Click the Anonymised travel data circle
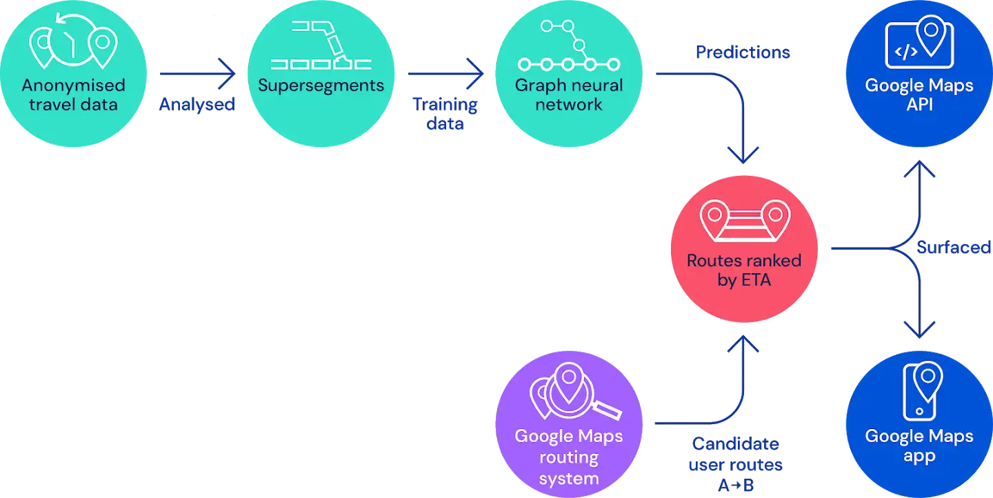73,74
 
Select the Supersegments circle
321,74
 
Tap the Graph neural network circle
569,74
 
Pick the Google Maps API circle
919,74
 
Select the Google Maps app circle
919,424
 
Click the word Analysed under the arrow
197,105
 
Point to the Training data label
445,114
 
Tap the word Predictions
743,52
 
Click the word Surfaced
954,247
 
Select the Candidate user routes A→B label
735,464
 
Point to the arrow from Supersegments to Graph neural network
445,74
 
